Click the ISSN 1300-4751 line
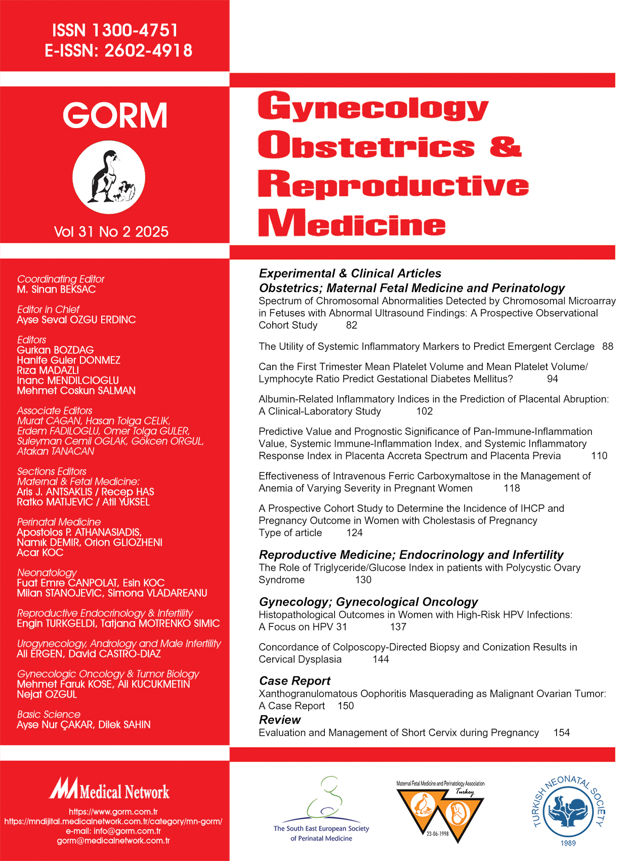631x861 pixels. click(x=115, y=30)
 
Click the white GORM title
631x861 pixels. click(x=115, y=115)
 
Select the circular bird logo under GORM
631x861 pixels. click(x=109, y=178)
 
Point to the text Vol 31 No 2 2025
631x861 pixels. click(x=111, y=232)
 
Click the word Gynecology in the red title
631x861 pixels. click(x=373, y=107)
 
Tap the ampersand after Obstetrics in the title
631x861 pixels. click(x=504, y=146)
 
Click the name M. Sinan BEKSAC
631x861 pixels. click(x=56, y=290)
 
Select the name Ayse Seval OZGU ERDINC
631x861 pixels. click(x=76, y=320)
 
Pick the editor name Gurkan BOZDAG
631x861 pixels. click(x=55, y=350)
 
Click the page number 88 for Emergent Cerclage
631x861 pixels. click(x=608, y=347)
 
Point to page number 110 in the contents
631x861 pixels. click(x=599, y=456)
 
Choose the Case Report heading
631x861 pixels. click(x=295, y=681)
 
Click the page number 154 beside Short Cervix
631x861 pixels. click(x=562, y=733)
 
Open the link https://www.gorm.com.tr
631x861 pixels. click(x=113, y=812)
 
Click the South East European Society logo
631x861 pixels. click(x=322, y=809)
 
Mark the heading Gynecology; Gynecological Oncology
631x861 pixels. click(x=368, y=602)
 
